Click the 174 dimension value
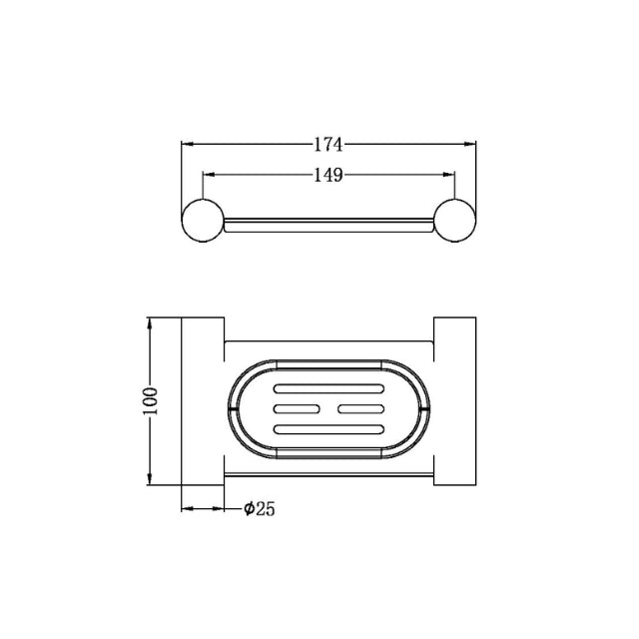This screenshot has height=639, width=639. click(328, 144)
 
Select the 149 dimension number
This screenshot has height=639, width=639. click(328, 176)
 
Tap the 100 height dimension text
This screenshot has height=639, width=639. click(150, 401)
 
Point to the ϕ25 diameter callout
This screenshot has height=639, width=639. click(260, 509)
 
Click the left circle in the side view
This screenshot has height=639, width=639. click(203, 220)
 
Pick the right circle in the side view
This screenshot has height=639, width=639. click(455, 220)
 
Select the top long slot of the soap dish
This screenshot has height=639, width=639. click(328, 388)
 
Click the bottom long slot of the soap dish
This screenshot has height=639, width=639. click(328, 429)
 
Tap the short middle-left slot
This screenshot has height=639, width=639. click(297, 408)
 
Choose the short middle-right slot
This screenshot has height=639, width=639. click(361, 408)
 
